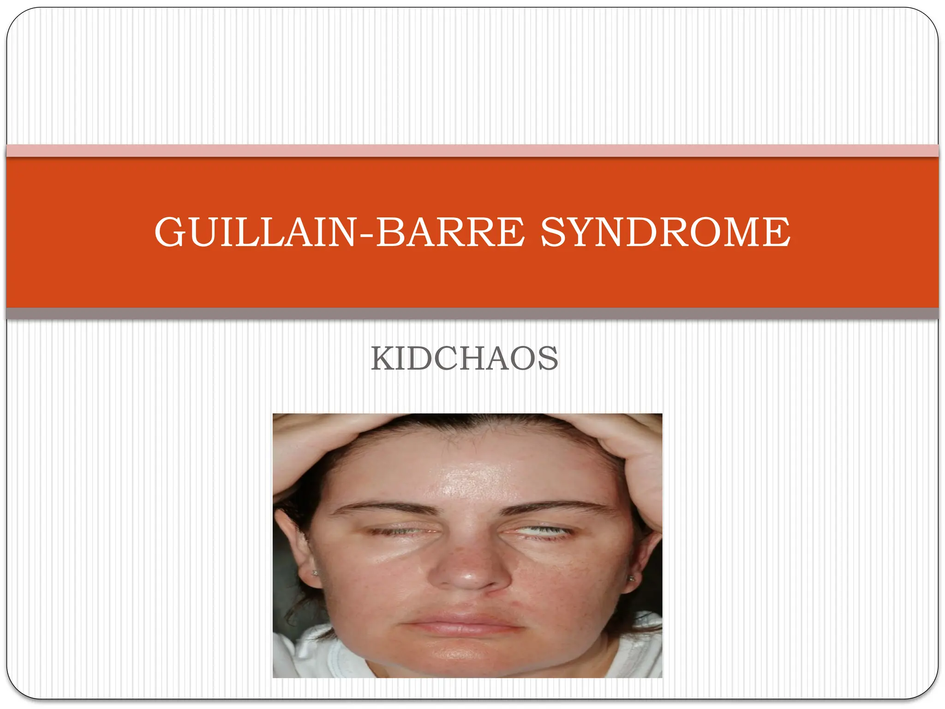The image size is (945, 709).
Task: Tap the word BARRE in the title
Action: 450,232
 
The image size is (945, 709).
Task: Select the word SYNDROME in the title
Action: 665,232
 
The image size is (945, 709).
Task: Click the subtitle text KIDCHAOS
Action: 465,359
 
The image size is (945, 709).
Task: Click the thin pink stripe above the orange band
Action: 472,150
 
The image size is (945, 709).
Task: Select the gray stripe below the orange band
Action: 472,313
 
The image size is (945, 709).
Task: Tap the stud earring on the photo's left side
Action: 316,573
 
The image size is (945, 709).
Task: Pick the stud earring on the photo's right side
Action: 631,578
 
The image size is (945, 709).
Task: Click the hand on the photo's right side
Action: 632,457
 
